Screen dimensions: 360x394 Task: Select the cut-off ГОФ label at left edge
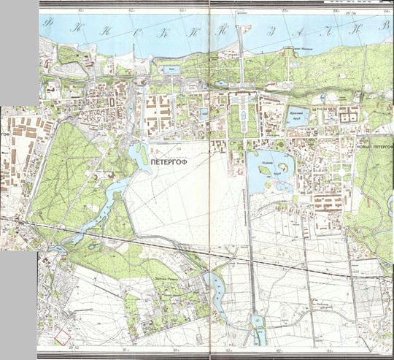point(8,137)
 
